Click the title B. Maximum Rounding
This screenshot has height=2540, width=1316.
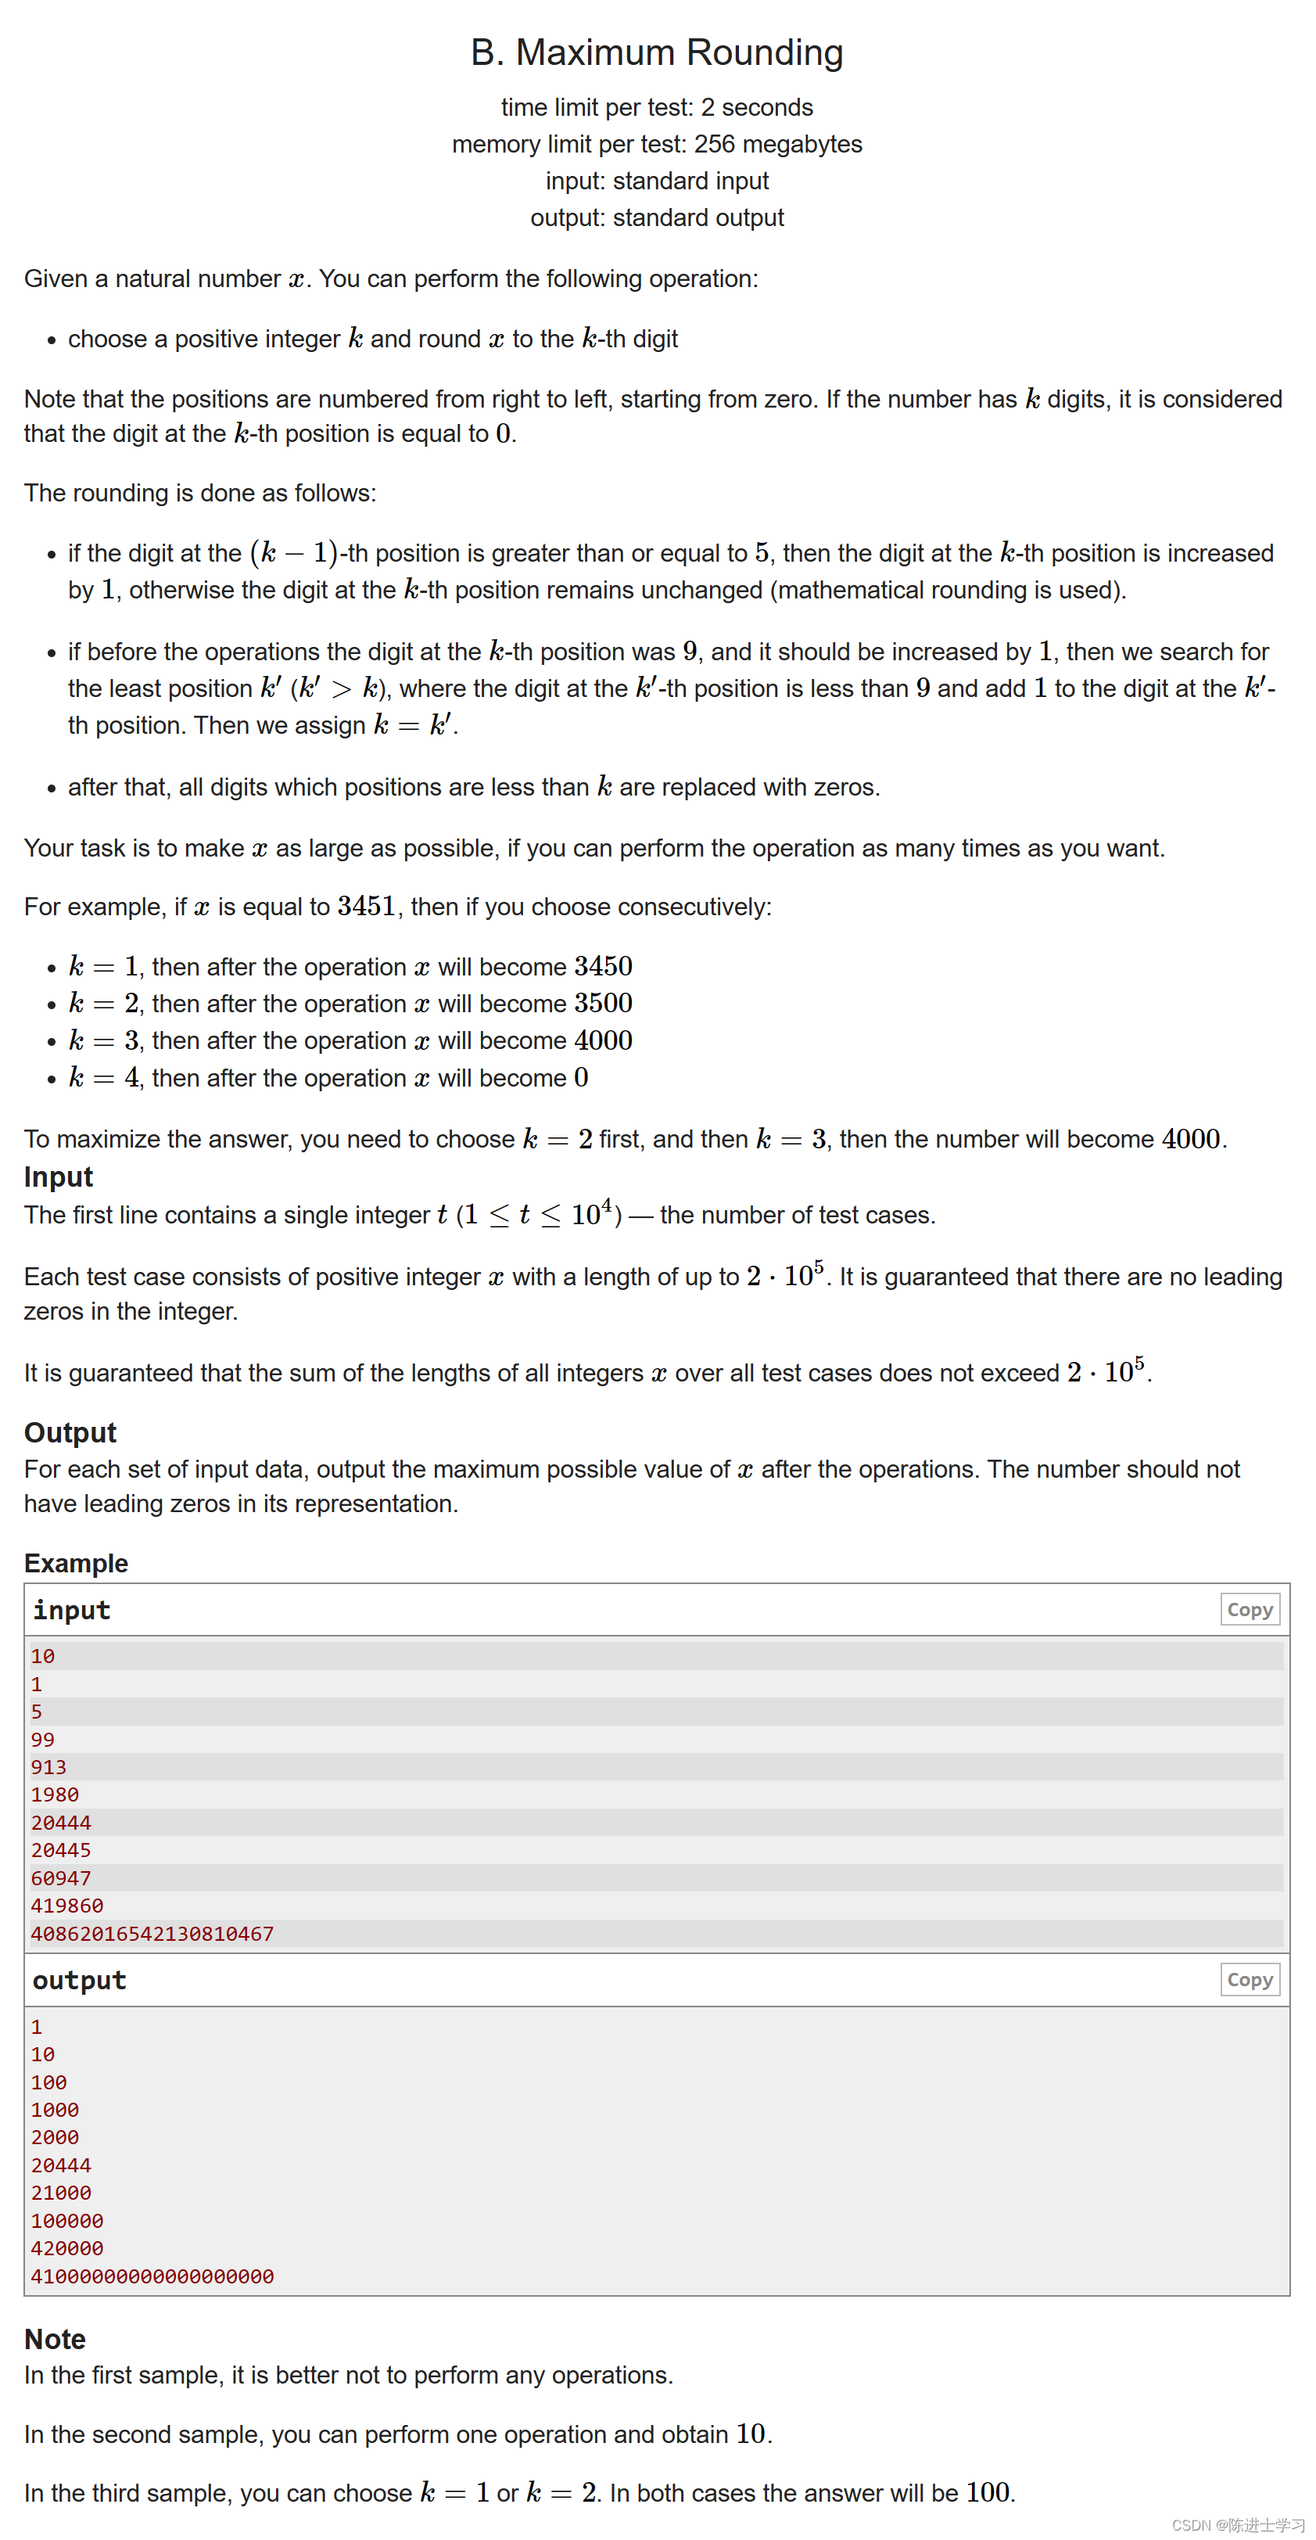(x=657, y=52)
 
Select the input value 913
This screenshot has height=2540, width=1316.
(x=48, y=1767)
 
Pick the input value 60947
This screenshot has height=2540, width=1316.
(x=60, y=1878)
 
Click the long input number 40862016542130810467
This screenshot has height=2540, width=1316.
(x=152, y=1934)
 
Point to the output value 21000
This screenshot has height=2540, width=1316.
(x=60, y=2193)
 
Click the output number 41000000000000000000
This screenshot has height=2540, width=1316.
(x=152, y=2276)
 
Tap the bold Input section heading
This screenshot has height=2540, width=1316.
(x=58, y=1177)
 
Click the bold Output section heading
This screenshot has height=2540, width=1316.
(x=70, y=1432)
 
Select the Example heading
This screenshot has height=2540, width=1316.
(x=76, y=1563)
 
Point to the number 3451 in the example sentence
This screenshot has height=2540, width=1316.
(x=366, y=906)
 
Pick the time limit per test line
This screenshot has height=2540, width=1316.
(x=657, y=106)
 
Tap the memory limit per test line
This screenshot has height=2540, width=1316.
(x=657, y=144)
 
